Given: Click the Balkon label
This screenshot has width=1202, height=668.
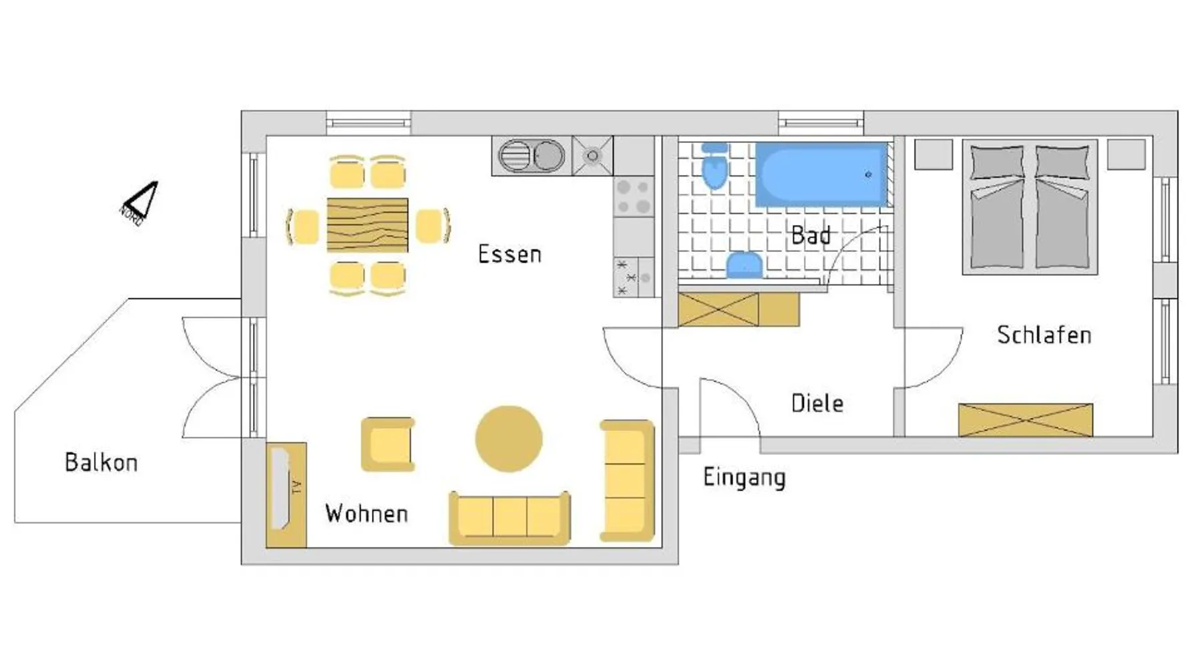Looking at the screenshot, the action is (x=101, y=462).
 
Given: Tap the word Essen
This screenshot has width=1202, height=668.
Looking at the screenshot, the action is (x=510, y=254).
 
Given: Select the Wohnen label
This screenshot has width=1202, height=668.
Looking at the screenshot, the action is (x=367, y=513).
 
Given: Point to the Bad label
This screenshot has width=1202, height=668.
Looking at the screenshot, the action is (x=811, y=235).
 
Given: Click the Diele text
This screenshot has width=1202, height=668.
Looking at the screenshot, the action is (x=817, y=403).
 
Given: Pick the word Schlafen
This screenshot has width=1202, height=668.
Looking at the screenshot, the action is (x=1044, y=335).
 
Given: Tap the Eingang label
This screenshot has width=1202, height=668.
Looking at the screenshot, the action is (x=745, y=478).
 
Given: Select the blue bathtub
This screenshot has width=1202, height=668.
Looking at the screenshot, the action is (x=821, y=174).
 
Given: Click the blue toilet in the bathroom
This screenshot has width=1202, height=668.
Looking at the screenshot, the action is (x=715, y=165).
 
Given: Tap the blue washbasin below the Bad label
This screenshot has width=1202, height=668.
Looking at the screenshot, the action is (x=745, y=265).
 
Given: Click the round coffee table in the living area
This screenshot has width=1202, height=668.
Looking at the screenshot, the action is (x=509, y=439).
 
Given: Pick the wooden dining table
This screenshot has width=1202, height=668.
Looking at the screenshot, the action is (x=367, y=225).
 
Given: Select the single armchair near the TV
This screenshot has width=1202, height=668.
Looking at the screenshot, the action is (x=388, y=444).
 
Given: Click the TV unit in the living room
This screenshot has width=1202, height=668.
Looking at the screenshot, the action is (x=286, y=495).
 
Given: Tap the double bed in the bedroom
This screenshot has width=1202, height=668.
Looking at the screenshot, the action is (x=1030, y=207).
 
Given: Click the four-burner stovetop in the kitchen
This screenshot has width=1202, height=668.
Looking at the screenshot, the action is (x=634, y=197).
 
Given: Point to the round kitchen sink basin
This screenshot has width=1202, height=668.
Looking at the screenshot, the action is (x=548, y=156).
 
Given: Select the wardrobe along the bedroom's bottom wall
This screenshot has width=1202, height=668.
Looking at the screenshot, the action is (x=1026, y=420).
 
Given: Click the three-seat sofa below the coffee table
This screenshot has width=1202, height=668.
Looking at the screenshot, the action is (x=510, y=518).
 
